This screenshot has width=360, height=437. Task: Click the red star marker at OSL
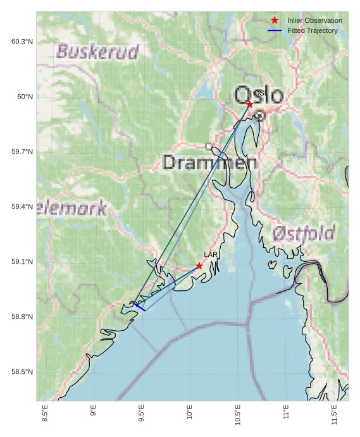click(x=250, y=104)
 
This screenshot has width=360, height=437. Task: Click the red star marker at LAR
click(x=199, y=266)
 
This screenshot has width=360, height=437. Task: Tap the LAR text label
click(x=211, y=254)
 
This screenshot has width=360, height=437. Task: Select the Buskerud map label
click(x=97, y=52)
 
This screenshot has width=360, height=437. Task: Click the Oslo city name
click(x=259, y=95)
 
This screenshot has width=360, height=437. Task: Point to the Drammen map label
click(x=209, y=163)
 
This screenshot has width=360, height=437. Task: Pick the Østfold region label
click(x=304, y=233)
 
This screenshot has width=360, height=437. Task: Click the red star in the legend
click(x=275, y=20)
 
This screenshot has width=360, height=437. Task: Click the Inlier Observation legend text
click(x=314, y=20)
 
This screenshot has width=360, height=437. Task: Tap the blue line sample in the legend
click(x=275, y=30)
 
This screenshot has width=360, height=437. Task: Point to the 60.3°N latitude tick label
click(x=22, y=42)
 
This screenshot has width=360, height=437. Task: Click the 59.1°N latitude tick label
click(x=22, y=262)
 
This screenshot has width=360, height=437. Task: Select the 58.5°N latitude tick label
click(x=22, y=372)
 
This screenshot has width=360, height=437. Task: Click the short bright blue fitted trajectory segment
click(x=139, y=307)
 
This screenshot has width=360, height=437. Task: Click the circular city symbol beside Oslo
click(x=259, y=115)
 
